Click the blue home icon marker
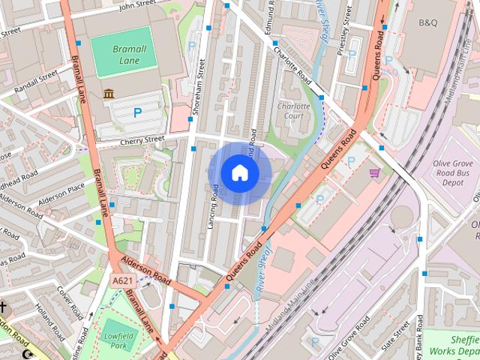coord(239,173)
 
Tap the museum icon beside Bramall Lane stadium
coord(109,94)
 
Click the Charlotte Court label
coord(293,111)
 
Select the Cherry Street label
coord(142,139)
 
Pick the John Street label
coord(136,5)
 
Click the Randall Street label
coord(35,79)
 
